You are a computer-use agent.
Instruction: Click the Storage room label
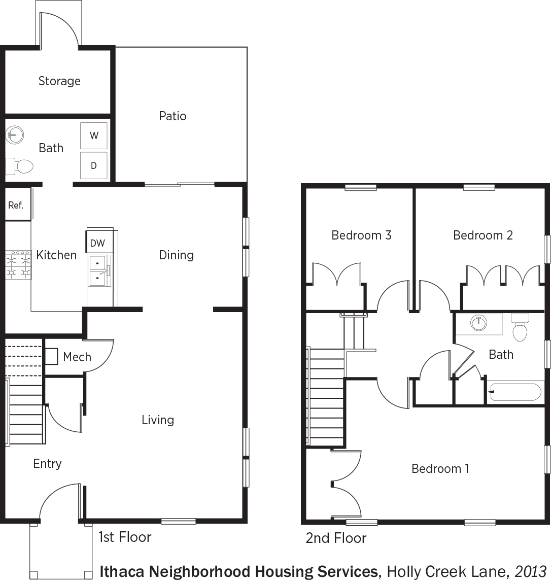point(59,81)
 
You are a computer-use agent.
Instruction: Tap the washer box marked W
point(94,135)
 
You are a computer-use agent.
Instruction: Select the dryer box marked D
point(94,165)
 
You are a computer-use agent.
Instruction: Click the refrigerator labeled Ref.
point(18,205)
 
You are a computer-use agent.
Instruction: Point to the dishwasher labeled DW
point(98,243)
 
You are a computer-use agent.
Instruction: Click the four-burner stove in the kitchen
point(18,264)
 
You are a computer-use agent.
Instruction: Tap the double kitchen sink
point(99,270)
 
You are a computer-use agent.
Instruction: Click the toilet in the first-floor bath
point(19,166)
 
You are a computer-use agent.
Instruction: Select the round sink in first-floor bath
point(15,135)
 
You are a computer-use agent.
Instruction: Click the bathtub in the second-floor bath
point(514,392)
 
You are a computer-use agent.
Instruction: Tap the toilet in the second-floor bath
point(520,328)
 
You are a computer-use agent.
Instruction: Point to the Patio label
point(173,116)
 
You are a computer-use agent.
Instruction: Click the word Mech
point(77,357)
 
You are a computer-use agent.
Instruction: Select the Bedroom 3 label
point(361,235)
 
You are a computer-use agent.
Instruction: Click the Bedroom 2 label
point(483,235)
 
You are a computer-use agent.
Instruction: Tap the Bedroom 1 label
point(440,468)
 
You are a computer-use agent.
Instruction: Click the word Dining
point(177,255)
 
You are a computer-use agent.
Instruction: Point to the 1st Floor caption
point(125,537)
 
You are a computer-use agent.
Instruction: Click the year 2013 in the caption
point(531,571)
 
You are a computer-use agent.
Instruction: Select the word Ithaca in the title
point(123,571)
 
